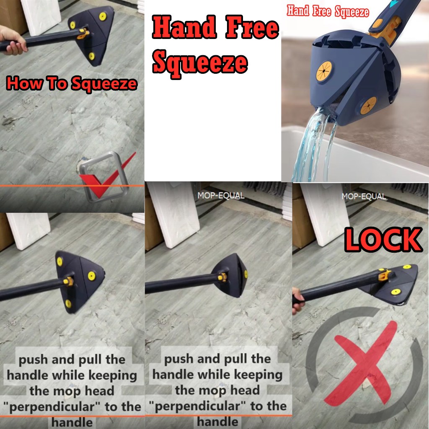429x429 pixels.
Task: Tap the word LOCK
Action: click(383, 240)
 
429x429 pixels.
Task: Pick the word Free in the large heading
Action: click(252, 27)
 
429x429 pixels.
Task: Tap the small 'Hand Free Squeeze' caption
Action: click(328, 11)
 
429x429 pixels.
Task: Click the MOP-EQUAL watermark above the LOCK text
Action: click(364, 196)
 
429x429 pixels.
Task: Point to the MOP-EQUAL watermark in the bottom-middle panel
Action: click(221, 195)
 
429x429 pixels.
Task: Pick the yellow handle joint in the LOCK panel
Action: click(385, 274)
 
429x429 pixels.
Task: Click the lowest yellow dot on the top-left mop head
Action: click(92, 56)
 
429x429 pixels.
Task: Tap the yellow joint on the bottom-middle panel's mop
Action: click(222, 277)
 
